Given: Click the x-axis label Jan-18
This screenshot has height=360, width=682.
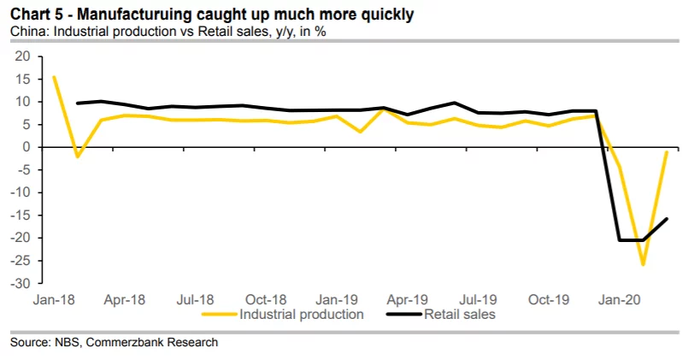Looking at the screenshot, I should coord(53,300).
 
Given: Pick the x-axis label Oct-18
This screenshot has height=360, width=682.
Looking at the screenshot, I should coord(266,300).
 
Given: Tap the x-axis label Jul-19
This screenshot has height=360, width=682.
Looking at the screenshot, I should coord(478,300).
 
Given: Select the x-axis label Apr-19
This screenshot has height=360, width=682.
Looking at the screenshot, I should coord(407,300).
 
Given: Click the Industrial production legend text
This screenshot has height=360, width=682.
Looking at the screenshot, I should coord(303,315).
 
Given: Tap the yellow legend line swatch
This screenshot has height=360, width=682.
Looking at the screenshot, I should coord(220,315).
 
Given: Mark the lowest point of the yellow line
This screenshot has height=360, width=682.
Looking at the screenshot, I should coord(643,265).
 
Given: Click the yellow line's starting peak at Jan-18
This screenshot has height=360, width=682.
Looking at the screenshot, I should coord(54,77).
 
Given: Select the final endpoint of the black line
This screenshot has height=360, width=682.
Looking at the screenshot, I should coord(667,219).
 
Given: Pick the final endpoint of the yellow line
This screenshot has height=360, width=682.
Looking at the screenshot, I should coord(667,151).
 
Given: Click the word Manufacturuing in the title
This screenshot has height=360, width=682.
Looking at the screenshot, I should coord(128,15).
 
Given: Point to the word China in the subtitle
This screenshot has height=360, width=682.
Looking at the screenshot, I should coord(26,32).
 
